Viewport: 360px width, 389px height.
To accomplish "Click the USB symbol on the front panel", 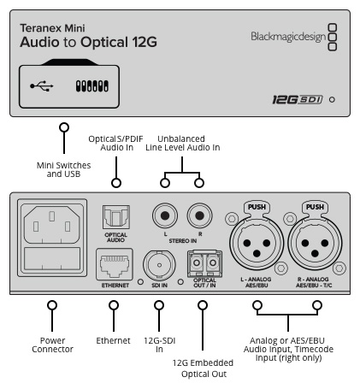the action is tap(42, 85).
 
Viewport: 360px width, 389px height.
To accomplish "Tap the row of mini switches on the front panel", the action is tap(92, 86).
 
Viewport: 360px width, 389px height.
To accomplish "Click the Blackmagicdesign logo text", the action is tap(288, 37).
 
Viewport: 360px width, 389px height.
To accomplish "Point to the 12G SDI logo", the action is tap(298, 100).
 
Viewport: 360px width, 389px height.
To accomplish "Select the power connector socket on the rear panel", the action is tap(52, 238).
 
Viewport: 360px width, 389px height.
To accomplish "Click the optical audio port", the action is tap(116, 217).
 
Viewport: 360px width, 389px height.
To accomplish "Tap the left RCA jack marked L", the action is tap(165, 215).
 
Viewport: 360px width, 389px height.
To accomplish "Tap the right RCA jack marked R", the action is tap(199, 215).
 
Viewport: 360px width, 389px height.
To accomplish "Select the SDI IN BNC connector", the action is tap(159, 265).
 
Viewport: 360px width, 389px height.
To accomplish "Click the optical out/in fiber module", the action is tap(204, 263).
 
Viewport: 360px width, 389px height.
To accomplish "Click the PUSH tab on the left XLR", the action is tap(257, 207).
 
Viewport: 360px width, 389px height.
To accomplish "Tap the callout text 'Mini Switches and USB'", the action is tap(63, 169).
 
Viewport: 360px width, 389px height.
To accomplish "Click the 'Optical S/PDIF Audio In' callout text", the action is tap(116, 143).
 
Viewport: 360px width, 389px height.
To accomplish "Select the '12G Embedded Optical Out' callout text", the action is tap(203, 368).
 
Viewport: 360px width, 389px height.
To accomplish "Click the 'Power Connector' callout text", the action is tap(52, 345).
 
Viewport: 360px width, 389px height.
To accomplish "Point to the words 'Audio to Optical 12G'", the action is tap(88, 42).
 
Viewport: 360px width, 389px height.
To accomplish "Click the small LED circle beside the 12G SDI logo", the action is tap(332, 100).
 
